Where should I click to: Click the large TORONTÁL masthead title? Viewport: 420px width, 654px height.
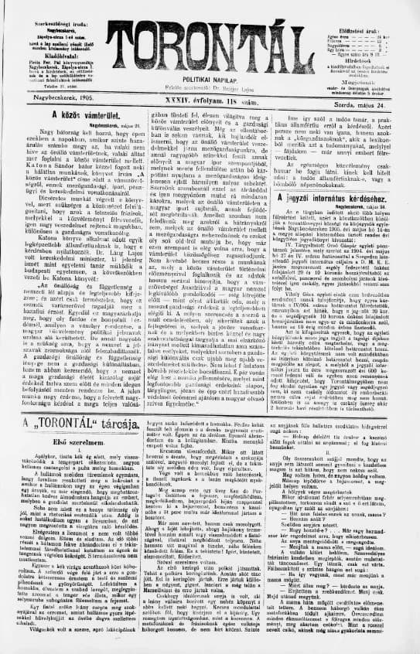[x=210, y=39]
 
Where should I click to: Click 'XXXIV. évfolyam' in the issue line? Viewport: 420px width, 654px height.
[x=197, y=100]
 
